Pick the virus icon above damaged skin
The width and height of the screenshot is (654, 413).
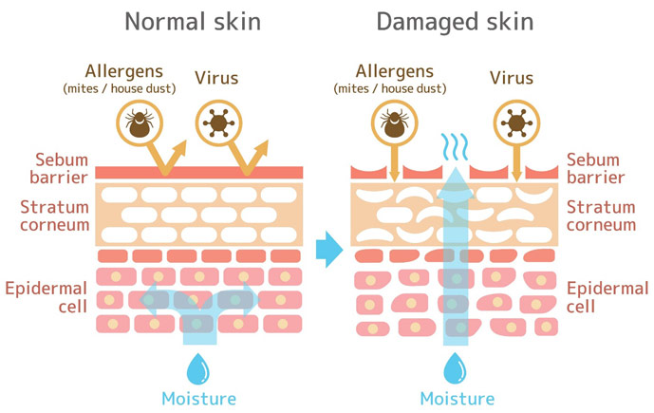point(516,123)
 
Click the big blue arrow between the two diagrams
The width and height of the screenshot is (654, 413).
point(327,250)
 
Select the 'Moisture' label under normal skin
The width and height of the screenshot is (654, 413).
point(197,398)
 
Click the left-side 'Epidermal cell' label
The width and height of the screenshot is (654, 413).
point(47,296)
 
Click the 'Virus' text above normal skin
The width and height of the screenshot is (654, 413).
point(215,79)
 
